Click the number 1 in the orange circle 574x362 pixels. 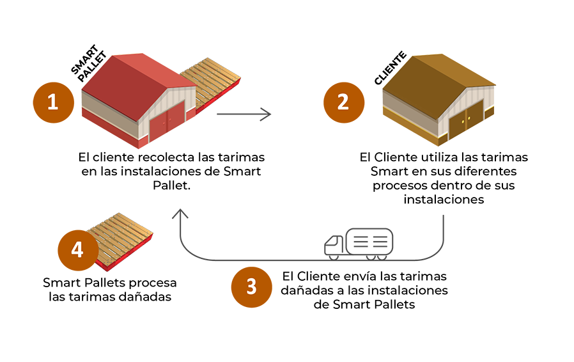point(52,101)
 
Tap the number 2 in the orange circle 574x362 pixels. point(343,102)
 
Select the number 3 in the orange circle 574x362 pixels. point(251,287)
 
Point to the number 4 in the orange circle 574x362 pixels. point(77,250)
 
